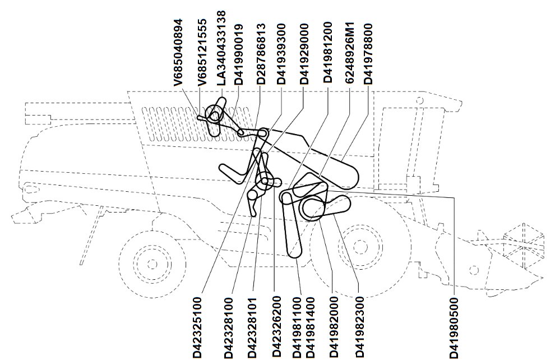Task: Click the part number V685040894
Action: click(179, 52)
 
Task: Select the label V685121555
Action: click(202, 52)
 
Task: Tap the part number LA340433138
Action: click(221, 48)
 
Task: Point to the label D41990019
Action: click(239, 54)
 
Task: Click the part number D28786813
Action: click(261, 54)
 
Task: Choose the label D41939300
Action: click(281, 54)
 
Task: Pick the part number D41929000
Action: click(304, 54)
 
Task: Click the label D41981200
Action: click(328, 52)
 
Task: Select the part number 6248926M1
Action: click(349, 53)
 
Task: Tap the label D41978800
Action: click(368, 54)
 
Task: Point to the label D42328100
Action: click(229, 327)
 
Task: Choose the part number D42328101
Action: click(252, 327)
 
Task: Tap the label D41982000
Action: click(334, 327)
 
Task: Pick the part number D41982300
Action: click(359, 327)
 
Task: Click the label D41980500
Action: click(454, 327)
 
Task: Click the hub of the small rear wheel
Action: click(152, 264)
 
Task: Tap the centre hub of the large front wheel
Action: click(360, 247)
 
